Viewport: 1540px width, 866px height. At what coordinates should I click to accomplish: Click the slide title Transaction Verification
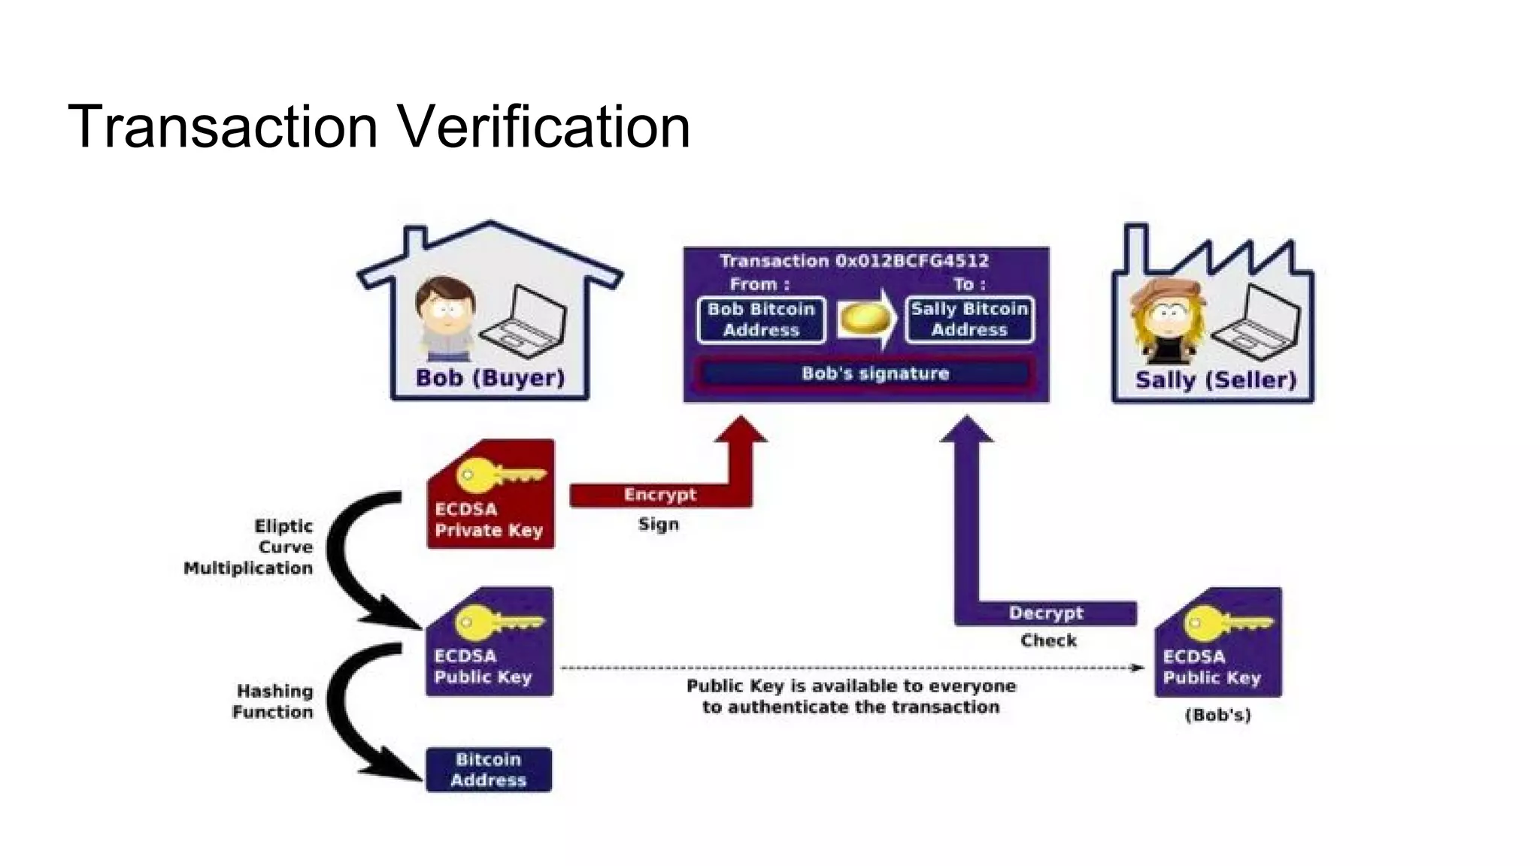point(379,126)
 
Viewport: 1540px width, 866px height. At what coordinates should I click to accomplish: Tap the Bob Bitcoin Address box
point(761,319)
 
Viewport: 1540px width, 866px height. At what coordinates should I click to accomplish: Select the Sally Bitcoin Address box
point(969,319)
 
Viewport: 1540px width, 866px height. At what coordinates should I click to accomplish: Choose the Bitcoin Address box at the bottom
point(489,770)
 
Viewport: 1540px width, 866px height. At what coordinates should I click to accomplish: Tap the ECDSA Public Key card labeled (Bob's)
point(1218,643)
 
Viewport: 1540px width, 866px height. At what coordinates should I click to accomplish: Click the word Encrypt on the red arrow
point(659,495)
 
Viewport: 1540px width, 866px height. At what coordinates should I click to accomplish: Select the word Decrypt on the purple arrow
point(1046,613)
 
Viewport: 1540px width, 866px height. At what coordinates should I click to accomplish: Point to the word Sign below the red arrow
point(658,524)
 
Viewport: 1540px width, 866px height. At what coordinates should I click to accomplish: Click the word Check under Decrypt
point(1048,640)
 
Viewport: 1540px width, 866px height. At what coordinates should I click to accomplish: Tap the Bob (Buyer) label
point(490,377)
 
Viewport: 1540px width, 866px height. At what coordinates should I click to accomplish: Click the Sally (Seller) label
point(1216,380)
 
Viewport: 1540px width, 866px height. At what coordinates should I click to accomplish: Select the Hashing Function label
point(272,701)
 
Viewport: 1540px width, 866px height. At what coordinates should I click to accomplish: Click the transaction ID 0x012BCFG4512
point(912,261)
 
